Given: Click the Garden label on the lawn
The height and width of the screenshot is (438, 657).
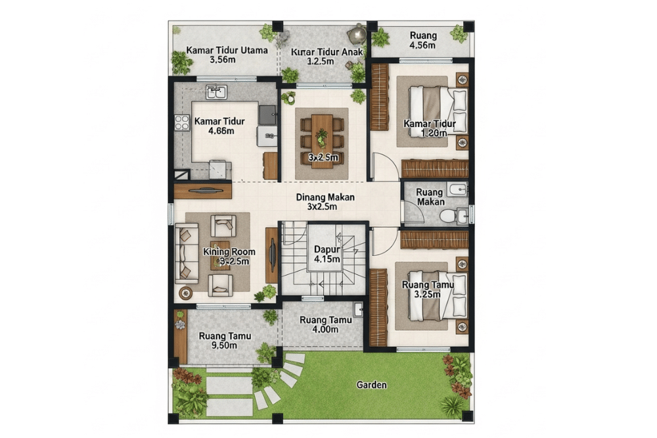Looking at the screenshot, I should point(371,385).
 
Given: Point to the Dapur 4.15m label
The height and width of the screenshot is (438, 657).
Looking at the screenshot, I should point(327,255).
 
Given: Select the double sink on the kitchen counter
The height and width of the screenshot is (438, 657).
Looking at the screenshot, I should point(216,91).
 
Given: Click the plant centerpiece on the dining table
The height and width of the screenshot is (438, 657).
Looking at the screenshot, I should point(322,138).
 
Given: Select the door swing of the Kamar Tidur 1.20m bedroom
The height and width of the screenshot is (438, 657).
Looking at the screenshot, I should point(384,166).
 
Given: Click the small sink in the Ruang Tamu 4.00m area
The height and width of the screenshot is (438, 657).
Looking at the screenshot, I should point(357,308).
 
